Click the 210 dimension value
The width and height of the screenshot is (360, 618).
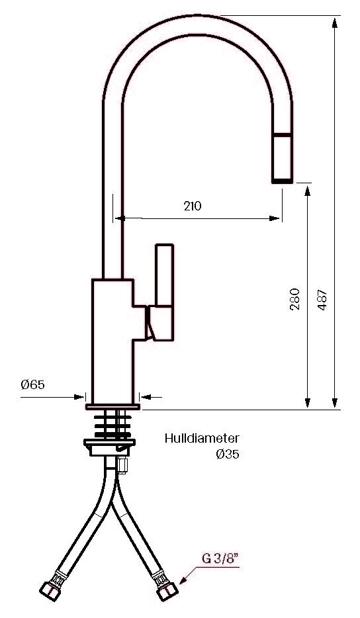[x=193, y=206]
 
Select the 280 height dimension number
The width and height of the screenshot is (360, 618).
[x=294, y=299]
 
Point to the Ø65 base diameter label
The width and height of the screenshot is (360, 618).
[x=32, y=384]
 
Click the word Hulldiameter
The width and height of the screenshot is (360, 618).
[x=202, y=438]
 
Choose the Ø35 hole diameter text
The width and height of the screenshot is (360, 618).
[x=228, y=455]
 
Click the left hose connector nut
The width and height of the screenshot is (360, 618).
[x=50, y=591]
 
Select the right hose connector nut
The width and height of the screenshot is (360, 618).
[x=167, y=591]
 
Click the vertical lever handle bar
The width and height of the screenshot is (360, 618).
[x=164, y=275]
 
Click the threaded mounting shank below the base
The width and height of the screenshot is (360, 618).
[x=112, y=425]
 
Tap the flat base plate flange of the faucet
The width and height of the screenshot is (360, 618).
[x=112, y=407]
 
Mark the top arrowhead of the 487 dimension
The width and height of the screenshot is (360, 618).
[x=335, y=22]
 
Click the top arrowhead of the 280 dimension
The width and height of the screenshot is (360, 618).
[x=308, y=190]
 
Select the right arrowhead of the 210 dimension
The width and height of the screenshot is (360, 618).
[x=275, y=218]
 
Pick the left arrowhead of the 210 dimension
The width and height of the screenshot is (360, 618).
[x=120, y=218]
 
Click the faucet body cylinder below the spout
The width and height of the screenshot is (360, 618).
[x=112, y=341]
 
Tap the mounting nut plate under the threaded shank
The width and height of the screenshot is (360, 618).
[x=110, y=447]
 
